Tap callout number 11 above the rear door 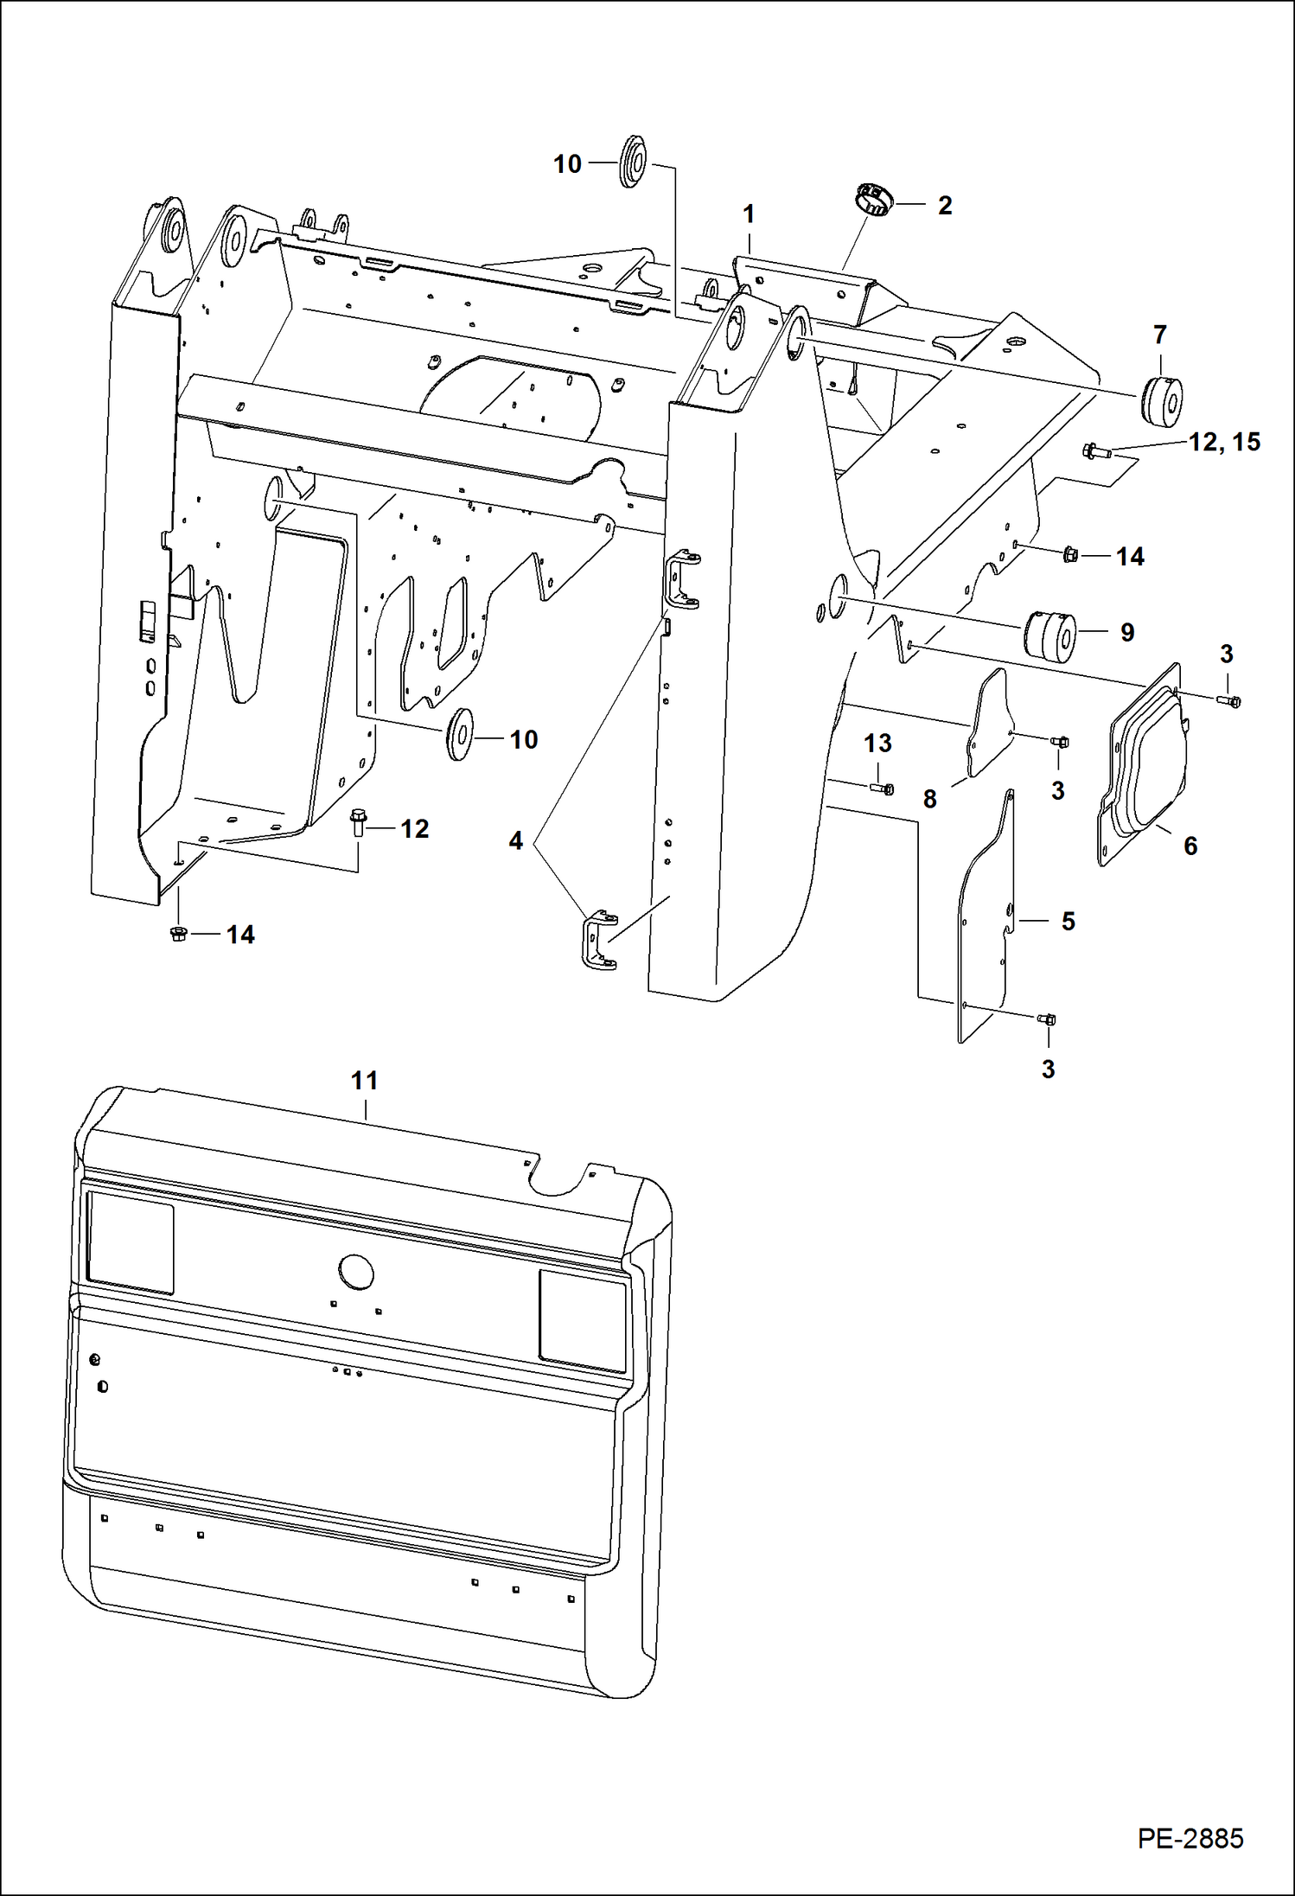tap(364, 1080)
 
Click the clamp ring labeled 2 tap(873, 201)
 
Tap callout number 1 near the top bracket tap(749, 214)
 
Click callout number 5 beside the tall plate tap(1068, 921)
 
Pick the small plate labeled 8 tap(988, 725)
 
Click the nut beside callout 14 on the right tap(1069, 554)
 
